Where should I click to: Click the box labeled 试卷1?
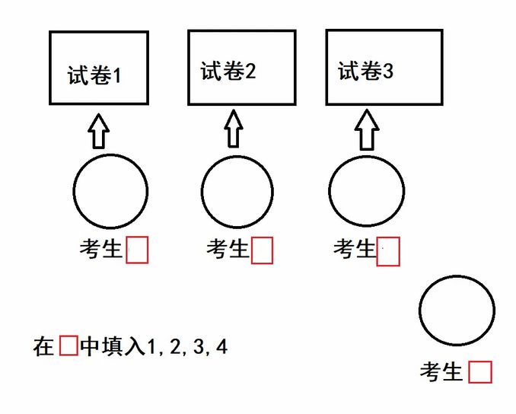(x=99, y=68)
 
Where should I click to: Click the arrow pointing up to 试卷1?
(x=97, y=132)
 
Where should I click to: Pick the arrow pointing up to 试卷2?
(x=234, y=129)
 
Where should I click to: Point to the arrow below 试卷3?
(x=368, y=130)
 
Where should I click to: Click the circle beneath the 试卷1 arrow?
(x=111, y=191)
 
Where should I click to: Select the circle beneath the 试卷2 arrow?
(x=237, y=192)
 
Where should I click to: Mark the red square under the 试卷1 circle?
(x=137, y=250)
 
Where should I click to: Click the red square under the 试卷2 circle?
(x=262, y=250)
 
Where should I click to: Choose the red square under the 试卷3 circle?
(x=388, y=251)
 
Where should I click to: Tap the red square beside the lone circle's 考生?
(x=480, y=372)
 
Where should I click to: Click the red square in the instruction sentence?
(x=68, y=347)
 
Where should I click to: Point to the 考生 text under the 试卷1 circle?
(x=101, y=250)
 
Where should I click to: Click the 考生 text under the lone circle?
(x=442, y=372)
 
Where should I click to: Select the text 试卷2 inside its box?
(x=228, y=72)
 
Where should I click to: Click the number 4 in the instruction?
(x=221, y=348)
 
